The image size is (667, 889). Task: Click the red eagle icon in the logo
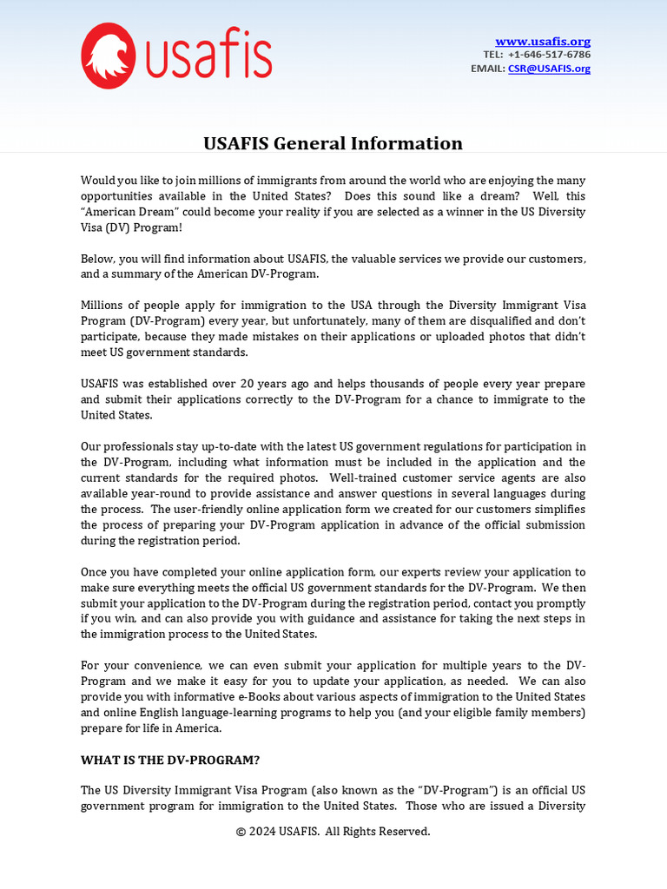click(109, 56)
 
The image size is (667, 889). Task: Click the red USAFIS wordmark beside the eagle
click(208, 56)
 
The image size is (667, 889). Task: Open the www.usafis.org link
click(542, 41)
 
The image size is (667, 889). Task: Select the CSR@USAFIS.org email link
click(549, 69)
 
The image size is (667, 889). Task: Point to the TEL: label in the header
click(493, 55)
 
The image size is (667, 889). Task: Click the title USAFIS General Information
click(333, 143)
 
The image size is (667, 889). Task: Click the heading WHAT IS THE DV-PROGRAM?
click(170, 760)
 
